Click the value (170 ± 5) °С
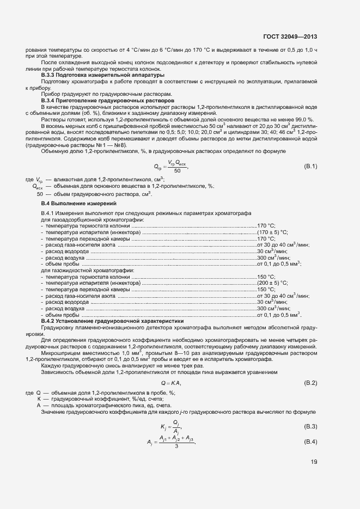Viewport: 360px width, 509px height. point(272,232)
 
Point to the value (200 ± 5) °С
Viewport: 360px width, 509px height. point(272,283)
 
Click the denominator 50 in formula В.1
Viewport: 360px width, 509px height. point(177,171)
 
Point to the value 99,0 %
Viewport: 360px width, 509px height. point(302,119)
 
